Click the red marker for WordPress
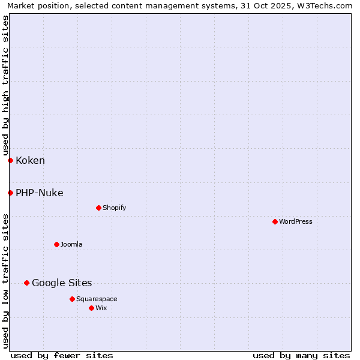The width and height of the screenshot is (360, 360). pyautogui.click(x=275, y=221)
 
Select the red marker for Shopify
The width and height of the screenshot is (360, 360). pyautogui.click(x=98, y=208)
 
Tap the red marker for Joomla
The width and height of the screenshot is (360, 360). pyautogui.click(x=57, y=244)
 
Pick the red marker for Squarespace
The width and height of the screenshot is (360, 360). pyautogui.click(x=72, y=299)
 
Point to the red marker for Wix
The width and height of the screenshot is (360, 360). pyautogui.click(x=91, y=308)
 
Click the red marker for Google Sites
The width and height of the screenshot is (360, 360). pyautogui.click(x=26, y=283)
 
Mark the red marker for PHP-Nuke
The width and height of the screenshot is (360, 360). pyautogui.click(x=10, y=193)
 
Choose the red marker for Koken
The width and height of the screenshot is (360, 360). pyautogui.click(x=10, y=160)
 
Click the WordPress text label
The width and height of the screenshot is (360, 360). pyautogui.click(x=296, y=221)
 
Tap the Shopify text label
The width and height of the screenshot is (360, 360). pyautogui.click(x=114, y=208)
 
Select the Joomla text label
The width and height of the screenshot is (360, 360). pyautogui.click(x=71, y=244)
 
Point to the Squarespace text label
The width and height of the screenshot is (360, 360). pyautogui.click(x=97, y=299)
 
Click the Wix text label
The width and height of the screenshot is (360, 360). pyautogui.click(x=101, y=308)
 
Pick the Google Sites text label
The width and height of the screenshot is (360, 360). pyautogui.click(x=62, y=283)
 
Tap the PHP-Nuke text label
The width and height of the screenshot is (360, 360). pyautogui.click(x=40, y=193)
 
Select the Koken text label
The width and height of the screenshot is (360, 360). pyautogui.click(x=30, y=160)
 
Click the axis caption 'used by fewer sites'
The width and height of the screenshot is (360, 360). pyautogui.click(x=62, y=355)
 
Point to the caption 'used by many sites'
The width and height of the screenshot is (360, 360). pyautogui.click(x=301, y=355)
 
